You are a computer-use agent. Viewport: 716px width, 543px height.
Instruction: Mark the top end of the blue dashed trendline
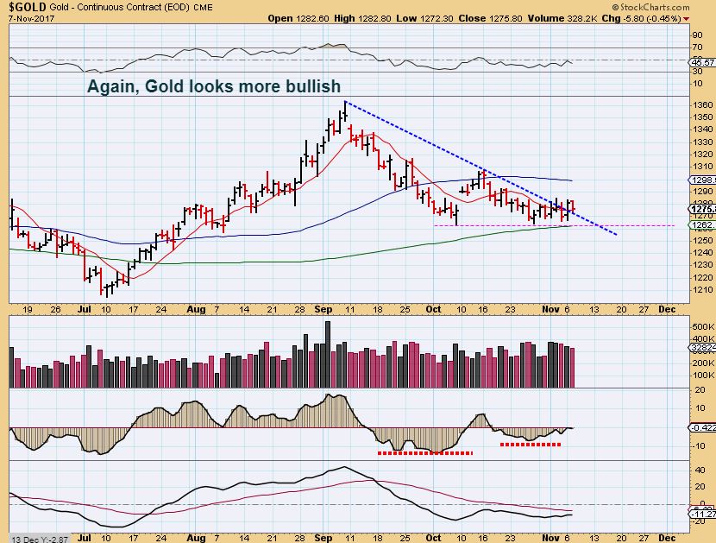pos(345,102)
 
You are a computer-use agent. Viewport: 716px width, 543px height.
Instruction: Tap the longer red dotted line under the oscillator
pos(425,452)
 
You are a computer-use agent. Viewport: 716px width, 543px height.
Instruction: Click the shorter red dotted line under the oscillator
pos(531,445)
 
